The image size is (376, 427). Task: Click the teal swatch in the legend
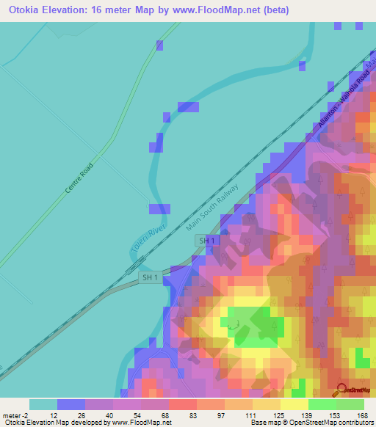click(43, 404)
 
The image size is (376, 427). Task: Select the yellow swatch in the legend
click(294, 404)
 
